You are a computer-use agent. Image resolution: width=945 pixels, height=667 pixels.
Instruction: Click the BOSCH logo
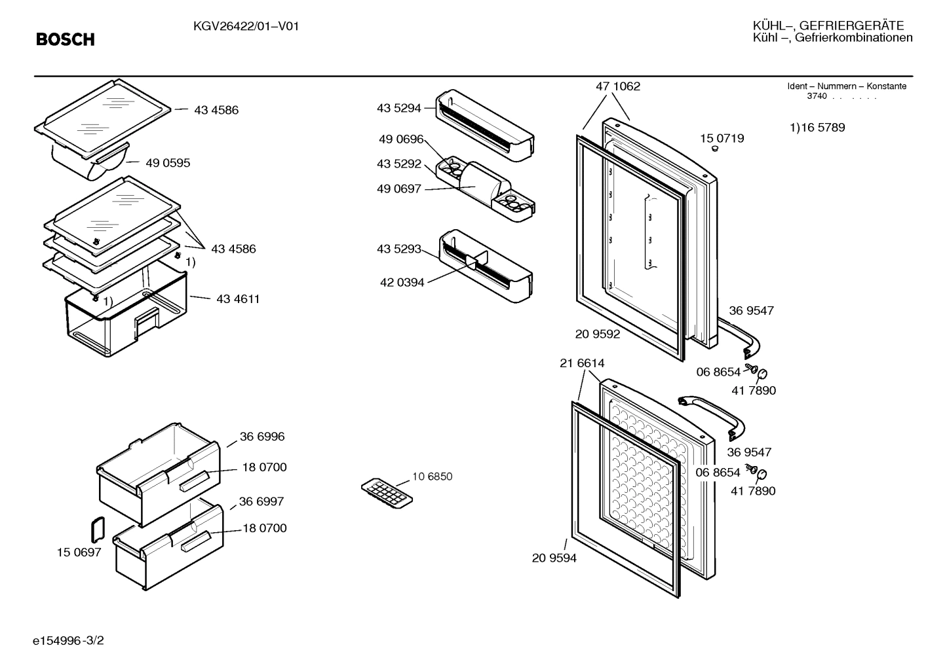coord(66,40)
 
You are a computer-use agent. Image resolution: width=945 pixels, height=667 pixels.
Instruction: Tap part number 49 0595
coord(167,163)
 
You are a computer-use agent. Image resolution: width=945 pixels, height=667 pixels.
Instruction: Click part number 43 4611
coord(238,299)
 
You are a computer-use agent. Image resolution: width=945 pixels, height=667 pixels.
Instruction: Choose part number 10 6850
coord(432,477)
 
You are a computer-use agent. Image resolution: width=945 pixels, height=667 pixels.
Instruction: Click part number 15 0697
coord(79,552)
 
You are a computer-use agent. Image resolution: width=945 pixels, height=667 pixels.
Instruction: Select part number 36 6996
coord(262,437)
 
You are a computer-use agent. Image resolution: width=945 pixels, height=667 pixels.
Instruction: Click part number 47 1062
coord(617,86)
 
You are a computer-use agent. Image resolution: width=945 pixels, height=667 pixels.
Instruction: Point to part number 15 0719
coord(722,138)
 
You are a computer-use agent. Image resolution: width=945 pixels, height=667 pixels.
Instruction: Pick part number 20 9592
coord(598,334)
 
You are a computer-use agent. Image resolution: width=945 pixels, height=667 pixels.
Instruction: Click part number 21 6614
coord(582,363)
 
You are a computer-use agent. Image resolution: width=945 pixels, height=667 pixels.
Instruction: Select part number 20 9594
coord(554,558)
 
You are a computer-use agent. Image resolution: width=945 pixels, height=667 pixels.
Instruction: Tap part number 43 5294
coord(398,109)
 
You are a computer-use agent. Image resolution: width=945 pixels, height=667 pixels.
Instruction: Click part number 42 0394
coord(402,283)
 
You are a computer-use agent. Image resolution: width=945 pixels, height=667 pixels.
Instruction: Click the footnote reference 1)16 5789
coord(817,128)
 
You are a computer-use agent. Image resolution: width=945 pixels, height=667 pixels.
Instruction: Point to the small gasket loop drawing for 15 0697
coord(97,529)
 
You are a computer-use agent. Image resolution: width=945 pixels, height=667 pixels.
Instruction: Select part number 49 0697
coord(398,189)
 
